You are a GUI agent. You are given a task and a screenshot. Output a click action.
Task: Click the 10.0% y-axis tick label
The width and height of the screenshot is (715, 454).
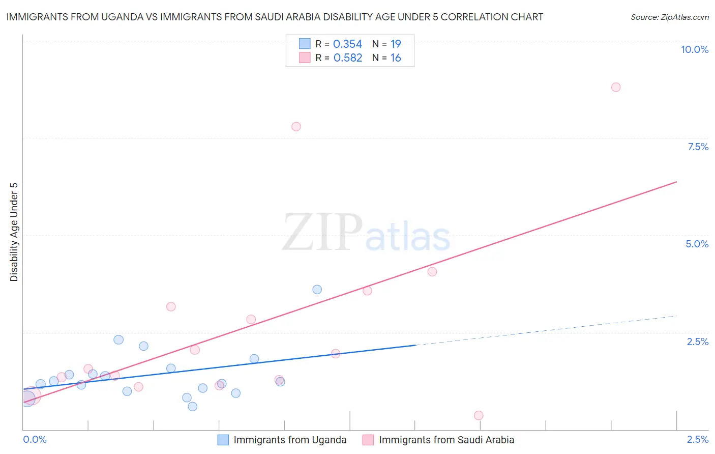[694, 49]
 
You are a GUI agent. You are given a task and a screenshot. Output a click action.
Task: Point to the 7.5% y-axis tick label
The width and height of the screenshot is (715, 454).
[698, 147]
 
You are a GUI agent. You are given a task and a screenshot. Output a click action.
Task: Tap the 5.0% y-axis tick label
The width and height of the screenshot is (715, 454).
[697, 244]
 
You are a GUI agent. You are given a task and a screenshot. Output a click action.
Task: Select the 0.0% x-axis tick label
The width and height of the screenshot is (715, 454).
[35, 439]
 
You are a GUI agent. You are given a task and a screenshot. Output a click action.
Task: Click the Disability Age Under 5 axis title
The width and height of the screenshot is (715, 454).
[14, 232]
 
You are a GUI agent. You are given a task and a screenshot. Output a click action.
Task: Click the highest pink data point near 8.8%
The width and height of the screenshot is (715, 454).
[616, 87]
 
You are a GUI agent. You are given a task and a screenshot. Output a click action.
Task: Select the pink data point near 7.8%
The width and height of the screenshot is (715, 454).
[296, 127]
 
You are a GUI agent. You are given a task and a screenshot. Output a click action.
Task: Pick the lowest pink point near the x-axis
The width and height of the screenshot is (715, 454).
[479, 415]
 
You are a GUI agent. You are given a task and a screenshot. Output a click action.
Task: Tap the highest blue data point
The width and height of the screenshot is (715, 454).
[317, 290]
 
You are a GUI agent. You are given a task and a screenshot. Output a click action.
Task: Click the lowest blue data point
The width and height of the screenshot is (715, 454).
[192, 406]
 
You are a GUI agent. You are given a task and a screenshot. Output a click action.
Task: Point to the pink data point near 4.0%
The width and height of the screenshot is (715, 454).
[432, 272]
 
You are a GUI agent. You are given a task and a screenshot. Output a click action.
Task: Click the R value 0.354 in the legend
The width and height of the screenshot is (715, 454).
[347, 44]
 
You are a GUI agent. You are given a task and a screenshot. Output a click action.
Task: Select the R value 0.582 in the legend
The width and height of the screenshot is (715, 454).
[347, 58]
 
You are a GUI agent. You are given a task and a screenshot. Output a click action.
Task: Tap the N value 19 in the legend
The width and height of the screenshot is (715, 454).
[396, 44]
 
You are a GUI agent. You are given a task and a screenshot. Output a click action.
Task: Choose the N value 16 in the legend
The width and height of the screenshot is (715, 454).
[396, 58]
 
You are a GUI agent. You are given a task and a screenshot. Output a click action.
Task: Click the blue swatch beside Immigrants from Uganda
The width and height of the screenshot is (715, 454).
[223, 440]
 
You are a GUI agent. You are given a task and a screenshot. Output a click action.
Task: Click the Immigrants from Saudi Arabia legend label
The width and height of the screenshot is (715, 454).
[446, 440]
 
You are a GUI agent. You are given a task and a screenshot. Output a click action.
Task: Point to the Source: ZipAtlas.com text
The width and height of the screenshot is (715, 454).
[669, 17]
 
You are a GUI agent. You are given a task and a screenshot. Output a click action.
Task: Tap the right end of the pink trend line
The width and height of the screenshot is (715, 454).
[676, 182]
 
